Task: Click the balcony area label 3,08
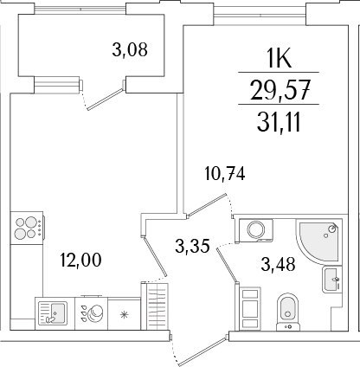[131, 49]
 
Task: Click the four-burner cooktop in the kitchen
[28, 228]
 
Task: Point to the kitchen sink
[53, 312]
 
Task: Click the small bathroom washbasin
[331, 280]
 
